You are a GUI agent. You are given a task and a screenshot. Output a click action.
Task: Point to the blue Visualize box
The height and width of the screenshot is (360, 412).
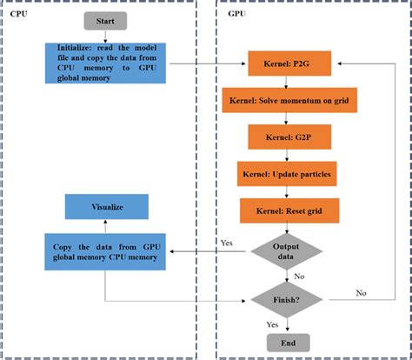[x=106, y=207]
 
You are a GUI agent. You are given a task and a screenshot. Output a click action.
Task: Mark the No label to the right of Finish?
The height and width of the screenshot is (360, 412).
[x=361, y=293]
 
